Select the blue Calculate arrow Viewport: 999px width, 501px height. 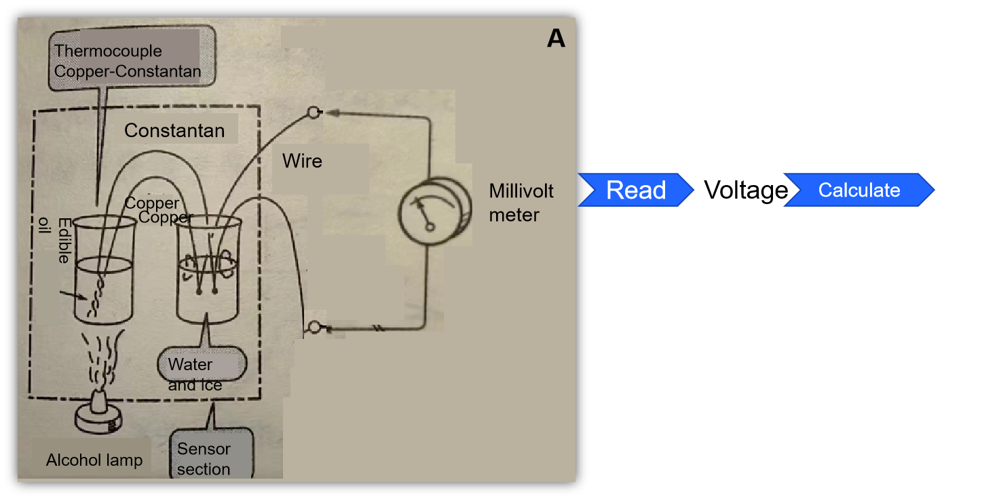pos(859,190)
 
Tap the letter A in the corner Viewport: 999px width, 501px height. pos(556,39)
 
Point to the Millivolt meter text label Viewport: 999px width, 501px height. pos(521,203)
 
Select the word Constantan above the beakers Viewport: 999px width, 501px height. pos(174,130)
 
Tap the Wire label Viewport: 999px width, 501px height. pos(302,161)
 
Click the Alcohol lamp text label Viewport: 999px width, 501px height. pos(94,460)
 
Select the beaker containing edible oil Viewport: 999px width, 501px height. pos(103,271)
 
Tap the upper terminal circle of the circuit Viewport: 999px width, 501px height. pos(313,113)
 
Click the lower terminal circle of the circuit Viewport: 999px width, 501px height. pos(313,328)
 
